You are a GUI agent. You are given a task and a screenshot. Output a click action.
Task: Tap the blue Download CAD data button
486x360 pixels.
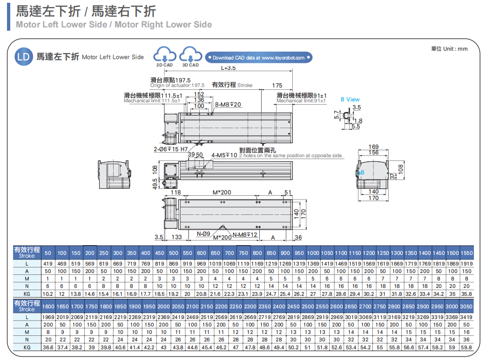[258, 58]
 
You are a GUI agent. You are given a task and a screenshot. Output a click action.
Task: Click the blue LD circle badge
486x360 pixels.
[23, 57]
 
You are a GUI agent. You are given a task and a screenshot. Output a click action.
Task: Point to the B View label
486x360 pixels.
[350, 100]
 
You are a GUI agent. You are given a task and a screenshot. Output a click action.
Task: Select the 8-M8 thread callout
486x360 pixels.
[228, 104]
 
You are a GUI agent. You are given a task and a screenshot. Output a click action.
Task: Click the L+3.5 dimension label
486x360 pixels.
[228, 68]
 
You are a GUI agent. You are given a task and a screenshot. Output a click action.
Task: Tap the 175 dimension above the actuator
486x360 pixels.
[277, 86]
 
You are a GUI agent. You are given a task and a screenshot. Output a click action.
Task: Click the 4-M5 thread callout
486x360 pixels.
[224, 155]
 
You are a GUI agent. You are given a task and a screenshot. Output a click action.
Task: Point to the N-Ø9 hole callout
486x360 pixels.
[203, 233]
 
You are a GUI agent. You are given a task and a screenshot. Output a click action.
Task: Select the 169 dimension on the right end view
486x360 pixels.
[373, 147]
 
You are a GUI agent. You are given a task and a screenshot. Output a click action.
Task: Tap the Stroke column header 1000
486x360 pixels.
[313, 253]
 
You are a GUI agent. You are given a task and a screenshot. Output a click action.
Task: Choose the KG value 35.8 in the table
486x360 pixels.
[466, 294]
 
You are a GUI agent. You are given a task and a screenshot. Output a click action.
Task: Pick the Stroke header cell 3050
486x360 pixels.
[466, 307]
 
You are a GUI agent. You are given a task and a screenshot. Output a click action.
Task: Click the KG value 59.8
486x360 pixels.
[466, 347]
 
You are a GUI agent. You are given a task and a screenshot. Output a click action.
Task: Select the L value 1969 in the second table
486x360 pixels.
[48, 317]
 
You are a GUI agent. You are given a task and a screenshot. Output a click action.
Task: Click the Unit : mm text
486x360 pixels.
[449, 49]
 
